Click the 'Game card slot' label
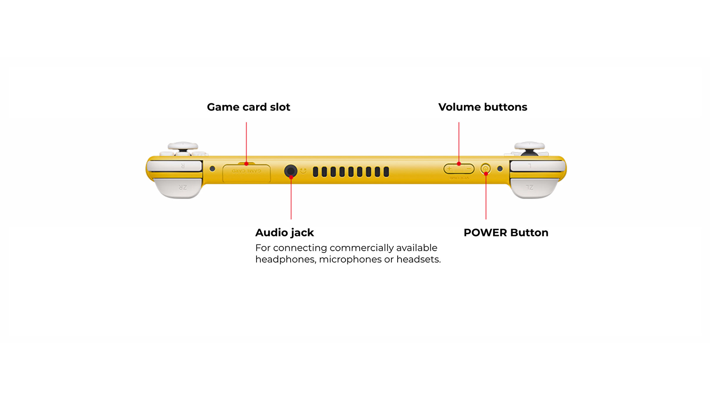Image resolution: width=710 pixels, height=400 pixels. click(x=248, y=107)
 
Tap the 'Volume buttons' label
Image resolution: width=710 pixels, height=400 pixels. click(x=482, y=107)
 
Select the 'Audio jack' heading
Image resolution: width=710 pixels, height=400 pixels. click(x=284, y=233)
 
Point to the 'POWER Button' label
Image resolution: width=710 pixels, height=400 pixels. click(x=506, y=233)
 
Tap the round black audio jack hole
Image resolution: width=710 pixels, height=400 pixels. click(x=291, y=171)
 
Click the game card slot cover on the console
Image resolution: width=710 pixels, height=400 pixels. click(x=246, y=173)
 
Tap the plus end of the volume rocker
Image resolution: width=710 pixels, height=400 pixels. click(x=450, y=169)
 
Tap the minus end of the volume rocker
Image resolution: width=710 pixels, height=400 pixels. click(x=468, y=169)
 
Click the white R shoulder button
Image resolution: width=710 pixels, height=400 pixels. click(x=175, y=166)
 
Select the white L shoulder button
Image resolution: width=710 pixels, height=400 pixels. click(x=537, y=166)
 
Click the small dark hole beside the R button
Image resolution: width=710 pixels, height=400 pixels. click(x=213, y=169)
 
